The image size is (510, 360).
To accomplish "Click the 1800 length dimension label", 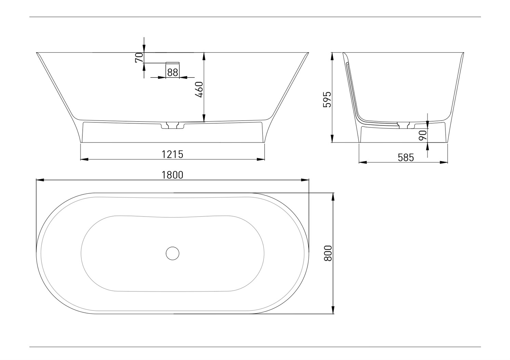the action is [x=172, y=175].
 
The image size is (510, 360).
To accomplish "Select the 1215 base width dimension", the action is [x=172, y=154].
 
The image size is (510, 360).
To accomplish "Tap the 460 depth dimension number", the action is [x=199, y=89].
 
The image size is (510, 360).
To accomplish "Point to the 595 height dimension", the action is [x=327, y=99].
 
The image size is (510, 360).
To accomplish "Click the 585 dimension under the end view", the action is [x=406, y=157].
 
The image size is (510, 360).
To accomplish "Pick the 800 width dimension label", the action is [x=328, y=253].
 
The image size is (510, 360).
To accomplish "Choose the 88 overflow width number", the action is [x=172, y=73].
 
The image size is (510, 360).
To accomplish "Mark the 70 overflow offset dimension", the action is [x=139, y=58].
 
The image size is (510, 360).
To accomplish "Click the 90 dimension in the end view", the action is [x=422, y=135].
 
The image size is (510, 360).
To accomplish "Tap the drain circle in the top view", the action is [x=173, y=253].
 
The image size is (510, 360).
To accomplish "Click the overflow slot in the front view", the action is [x=173, y=63].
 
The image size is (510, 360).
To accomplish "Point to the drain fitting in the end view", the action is [x=403, y=125].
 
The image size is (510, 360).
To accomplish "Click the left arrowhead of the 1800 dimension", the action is [x=40, y=180].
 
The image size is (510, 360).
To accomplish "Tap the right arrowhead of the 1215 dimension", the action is [x=261, y=159].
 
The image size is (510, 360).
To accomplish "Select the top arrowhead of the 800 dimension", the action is [x=333, y=197].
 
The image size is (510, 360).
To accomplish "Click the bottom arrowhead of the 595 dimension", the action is [x=332, y=139].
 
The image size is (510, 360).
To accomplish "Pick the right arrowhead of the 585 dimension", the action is [x=444, y=162].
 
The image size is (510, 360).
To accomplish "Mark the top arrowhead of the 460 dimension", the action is [x=204, y=56].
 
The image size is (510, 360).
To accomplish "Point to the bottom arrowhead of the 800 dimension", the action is [x=333, y=310].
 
